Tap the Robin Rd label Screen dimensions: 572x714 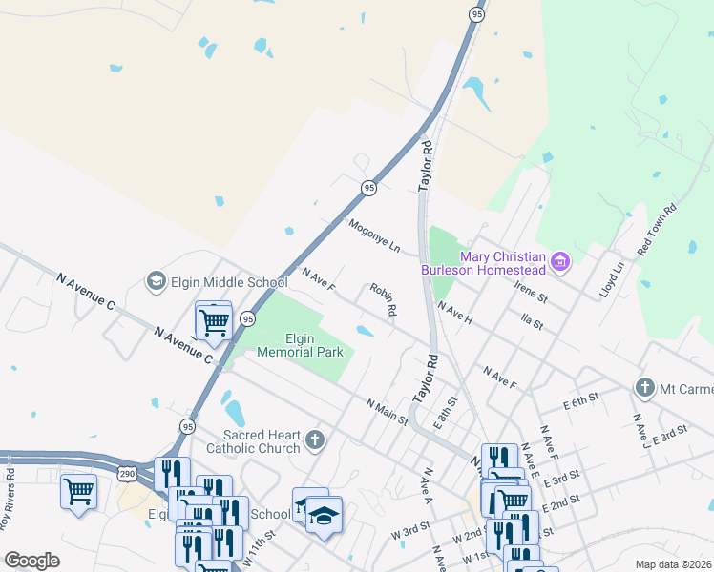point(383,299)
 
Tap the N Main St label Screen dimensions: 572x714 point(388,412)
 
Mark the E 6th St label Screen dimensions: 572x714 point(580,400)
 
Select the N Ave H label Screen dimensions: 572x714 point(455,313)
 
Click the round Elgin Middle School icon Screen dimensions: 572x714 point(155,281)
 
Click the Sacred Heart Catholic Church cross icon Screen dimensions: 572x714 point(316,441)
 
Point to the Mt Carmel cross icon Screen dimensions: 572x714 point(645,388)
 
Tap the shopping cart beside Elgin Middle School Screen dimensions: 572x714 point(214,320)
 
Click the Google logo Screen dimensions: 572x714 point(32,561)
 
